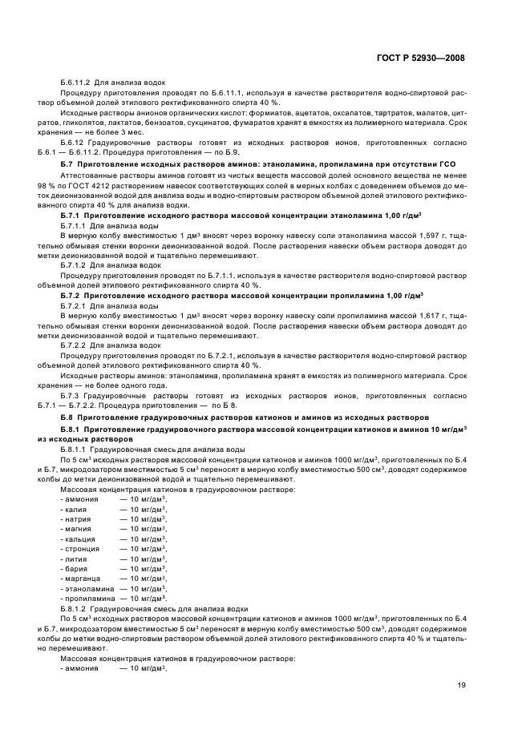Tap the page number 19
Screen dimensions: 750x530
pyautogui.click(x=462, y=686)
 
